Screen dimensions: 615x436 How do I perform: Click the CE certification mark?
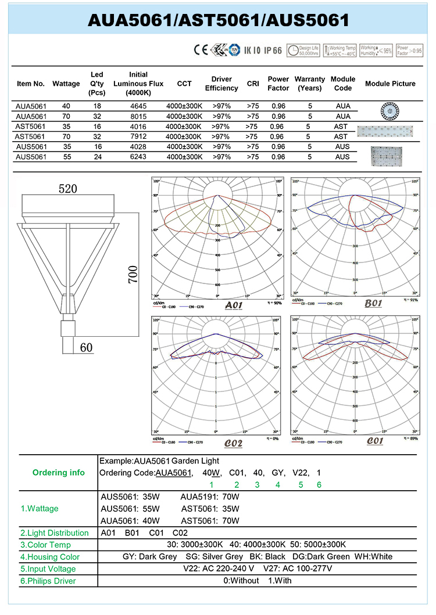pyautogui.click(x=201, y=50)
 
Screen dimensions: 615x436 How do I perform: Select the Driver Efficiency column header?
pyautogui.click(x=221, y=84)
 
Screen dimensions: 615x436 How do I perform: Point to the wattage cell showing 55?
pyautogui.click(x=66, y=157)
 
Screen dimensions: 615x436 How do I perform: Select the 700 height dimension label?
pyautogui.click(x=133, y=274)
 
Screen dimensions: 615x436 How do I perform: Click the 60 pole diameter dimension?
pyautogui.click(x=86, y=348)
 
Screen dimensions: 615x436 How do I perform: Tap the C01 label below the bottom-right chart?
pyautogui.click(x=375, y=441)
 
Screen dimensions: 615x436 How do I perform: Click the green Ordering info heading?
pyautogui.click(x=58, y=473)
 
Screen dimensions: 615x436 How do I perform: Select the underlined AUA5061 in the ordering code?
pyautogui.click(x=174, y=473)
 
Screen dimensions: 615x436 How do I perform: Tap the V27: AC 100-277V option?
pyautogui.click(x=298, y=569)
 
